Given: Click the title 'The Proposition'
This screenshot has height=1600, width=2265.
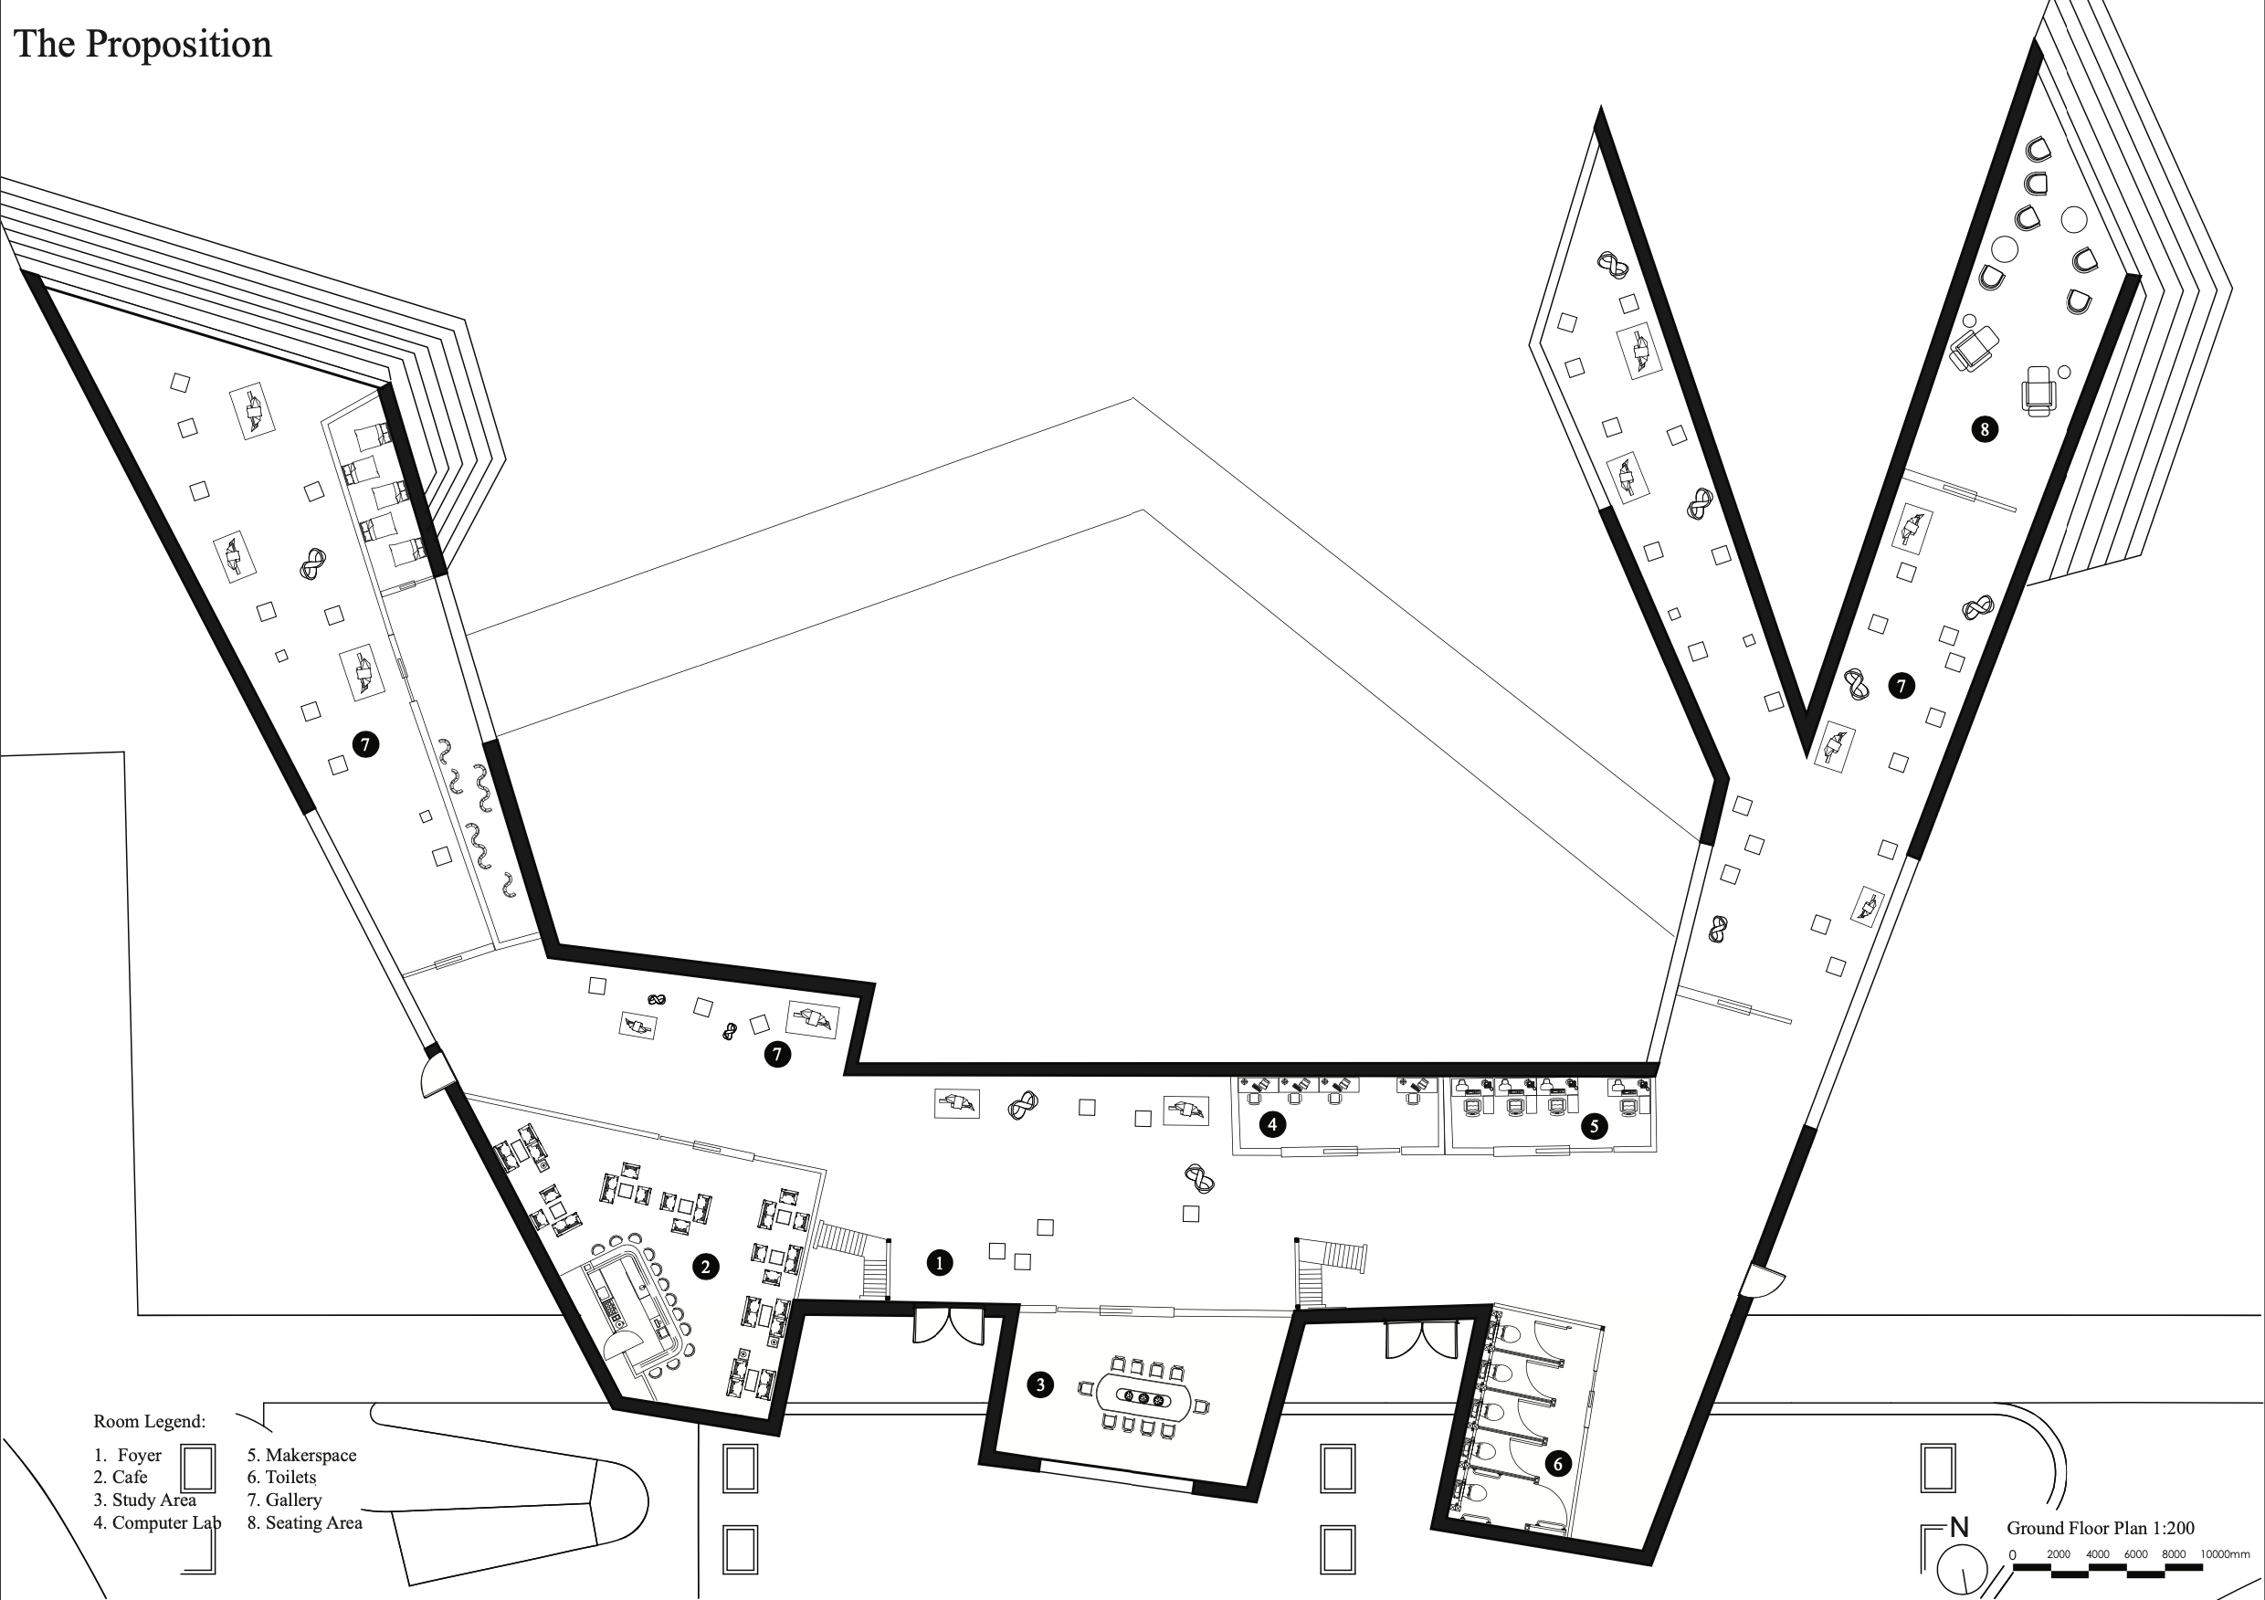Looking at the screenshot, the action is point(143,45).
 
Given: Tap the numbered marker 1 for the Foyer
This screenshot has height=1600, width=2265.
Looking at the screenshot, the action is point(939,1262).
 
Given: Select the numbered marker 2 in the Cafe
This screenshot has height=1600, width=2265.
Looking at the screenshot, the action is point(705,1268).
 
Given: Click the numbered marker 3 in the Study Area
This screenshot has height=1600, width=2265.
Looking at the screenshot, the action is point(1039,1385).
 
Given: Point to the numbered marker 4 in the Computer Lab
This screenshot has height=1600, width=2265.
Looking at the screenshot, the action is point(1272,1123).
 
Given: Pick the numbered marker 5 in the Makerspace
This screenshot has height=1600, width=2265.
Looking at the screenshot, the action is point(1595,1125).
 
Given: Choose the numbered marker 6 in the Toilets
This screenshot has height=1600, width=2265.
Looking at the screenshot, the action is point(1558,1464).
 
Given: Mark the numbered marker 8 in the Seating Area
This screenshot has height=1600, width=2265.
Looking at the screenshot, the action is point(1984,429).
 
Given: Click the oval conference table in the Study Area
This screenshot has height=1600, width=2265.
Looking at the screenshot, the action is point(1144,1396).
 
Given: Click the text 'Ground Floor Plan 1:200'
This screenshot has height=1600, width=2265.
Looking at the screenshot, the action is point(2101,1528).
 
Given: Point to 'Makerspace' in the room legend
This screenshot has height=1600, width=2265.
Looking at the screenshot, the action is point(310,1455).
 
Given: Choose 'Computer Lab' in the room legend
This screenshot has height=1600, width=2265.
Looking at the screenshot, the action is point(165,1523).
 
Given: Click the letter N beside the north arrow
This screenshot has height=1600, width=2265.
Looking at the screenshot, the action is point(1959,1527).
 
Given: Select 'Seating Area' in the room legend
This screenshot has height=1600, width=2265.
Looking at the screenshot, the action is point(312,1523).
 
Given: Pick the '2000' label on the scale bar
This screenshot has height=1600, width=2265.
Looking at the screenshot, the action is point(2059,1554).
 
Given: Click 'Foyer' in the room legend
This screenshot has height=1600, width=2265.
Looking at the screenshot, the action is point(139,1455).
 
